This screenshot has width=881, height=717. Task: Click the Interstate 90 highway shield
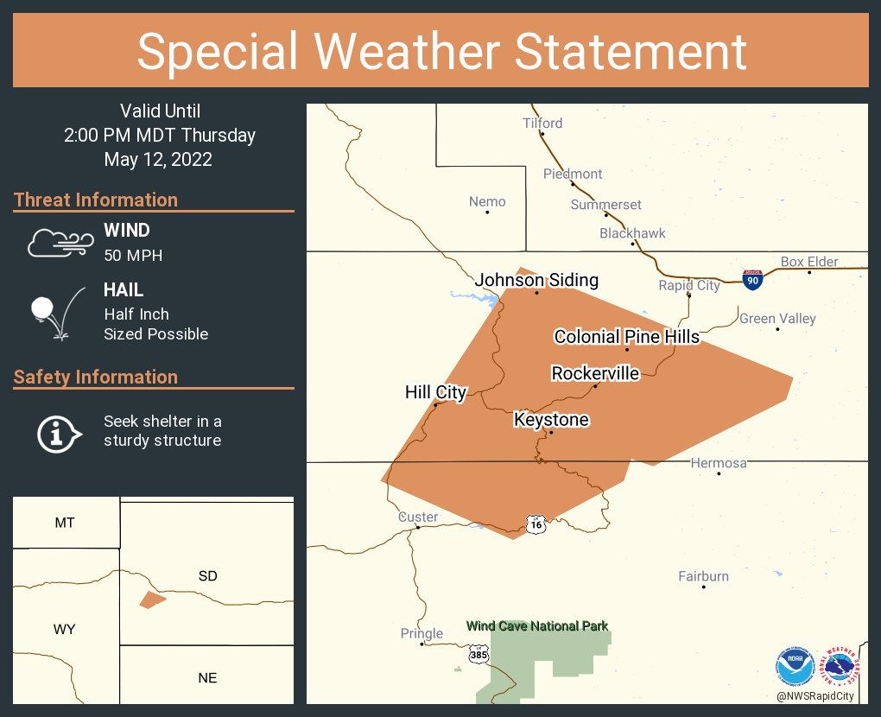click(x=751, y=279)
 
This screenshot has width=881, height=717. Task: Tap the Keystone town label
click(x=551, y=420)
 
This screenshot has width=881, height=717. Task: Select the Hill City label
click(x=435, y=392)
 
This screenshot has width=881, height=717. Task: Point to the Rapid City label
click(x=688, y=285)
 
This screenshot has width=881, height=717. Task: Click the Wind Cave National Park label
click(x=536, y=626)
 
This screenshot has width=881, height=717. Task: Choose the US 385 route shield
click(x=479, y=656)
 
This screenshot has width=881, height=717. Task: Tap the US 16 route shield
click(x=536, y=523)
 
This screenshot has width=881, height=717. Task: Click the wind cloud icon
click(x=60, y=242)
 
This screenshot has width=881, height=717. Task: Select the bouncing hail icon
click(x=57, y=312)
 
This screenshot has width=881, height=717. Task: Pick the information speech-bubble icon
click(x=59, y=433)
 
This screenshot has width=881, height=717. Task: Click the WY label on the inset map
click(x=64, y=629)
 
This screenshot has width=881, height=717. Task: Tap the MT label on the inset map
click(x=64, y=523)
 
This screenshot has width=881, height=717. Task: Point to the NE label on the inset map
click(x=207, y=677)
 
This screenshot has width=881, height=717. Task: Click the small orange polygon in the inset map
click(x=152, y=600)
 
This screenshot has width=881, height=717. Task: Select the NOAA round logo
click(x=795, y=666)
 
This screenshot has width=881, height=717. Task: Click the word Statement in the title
click(x=631, y=51)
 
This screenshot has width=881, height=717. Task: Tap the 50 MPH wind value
click(x=133, y=255)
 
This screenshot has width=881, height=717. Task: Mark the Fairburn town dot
click(x=704, y=587)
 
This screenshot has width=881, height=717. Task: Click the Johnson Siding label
click(x=536, y=281)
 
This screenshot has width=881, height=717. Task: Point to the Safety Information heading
click(x=96, y=377)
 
